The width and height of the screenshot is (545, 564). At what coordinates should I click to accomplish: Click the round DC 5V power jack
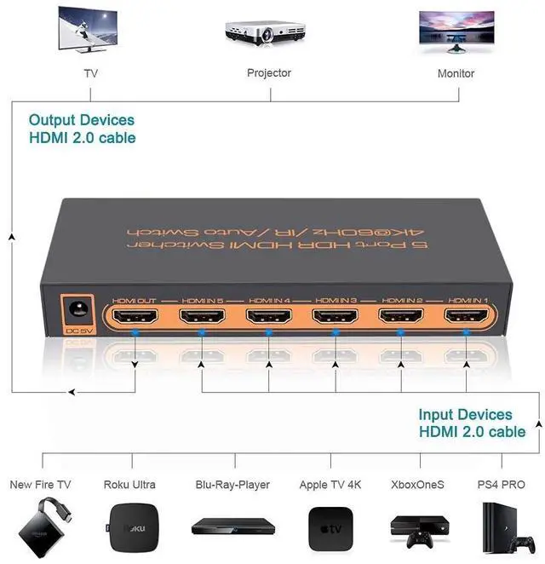point(76,308)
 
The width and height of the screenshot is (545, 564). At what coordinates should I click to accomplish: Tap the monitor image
point(456,31)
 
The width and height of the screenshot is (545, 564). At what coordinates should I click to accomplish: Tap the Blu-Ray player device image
point(231,525)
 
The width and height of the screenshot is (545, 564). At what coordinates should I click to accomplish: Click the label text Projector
point(269,73)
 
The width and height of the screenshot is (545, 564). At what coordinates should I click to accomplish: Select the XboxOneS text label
point(417,485)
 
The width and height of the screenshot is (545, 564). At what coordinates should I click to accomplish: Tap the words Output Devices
point(82,120)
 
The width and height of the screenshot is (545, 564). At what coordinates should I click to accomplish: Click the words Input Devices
point(465,415)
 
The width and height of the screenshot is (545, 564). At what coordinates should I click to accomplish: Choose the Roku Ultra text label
point(129,485)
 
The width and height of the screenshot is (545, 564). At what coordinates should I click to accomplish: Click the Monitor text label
point(456,73)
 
